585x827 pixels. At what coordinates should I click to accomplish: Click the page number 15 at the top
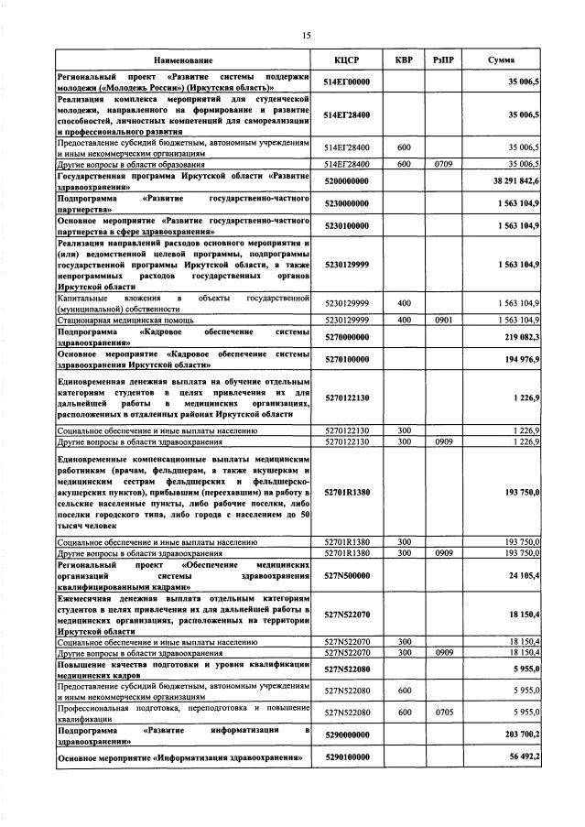click(x=307, y=35)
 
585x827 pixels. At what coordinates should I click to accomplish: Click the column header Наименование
click(x=183, y=59)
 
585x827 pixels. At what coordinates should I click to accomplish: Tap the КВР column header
click(x=403, y=59)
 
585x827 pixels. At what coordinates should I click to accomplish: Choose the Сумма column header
click(x=501, y=59)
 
